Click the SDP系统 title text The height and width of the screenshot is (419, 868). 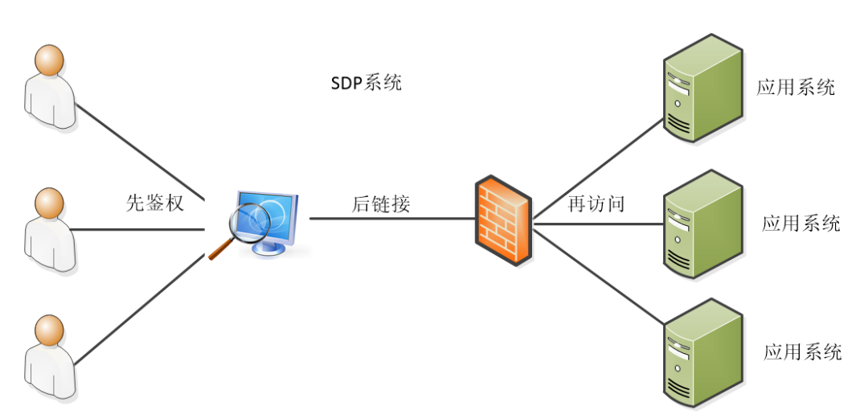pyautogui.click(x=366, y=83)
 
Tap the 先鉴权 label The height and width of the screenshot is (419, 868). pyautogui.click(x=155, y=202)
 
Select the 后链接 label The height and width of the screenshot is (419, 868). pyautogui.click(x=381, y=204)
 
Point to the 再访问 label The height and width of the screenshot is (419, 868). pyautogui.click(x=596, y=204)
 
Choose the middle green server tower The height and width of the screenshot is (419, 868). pyautogui.click(x=700, y=223)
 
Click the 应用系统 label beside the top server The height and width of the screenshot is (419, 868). pyautogui.click(x=796, y=87)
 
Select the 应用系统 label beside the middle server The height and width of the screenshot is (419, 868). pyautogui.click(x=800, y=223)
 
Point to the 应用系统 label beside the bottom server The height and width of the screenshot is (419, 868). pyautogui.click(x=802, y=351)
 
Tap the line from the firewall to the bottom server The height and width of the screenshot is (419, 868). pyautogui.click(x=599, y=277)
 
